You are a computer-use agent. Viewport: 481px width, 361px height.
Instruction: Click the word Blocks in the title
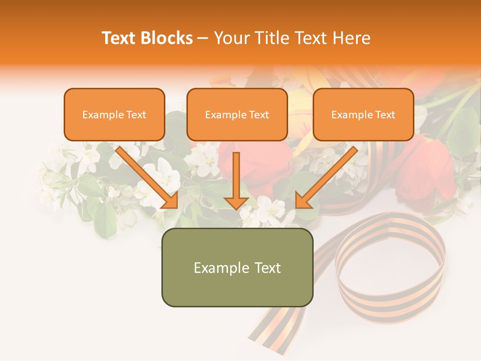pyautogui.click(x=166, y=38)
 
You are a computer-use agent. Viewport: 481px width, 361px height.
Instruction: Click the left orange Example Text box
pyautogui.click(x=114, y=114)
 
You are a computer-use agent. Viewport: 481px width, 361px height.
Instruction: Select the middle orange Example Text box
pyautogui.click(x=237, y=114)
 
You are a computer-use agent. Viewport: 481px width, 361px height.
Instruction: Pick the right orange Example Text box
pyautogui.click(x=363, y=114)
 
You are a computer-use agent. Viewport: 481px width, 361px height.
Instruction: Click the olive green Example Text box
pyautogui.click(x=237, y=268)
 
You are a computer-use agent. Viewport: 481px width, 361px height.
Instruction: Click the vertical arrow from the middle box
pyautogui.click(x=236, y=178)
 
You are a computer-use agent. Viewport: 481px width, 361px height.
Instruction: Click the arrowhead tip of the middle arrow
pyautogui.click(x=236, y=208)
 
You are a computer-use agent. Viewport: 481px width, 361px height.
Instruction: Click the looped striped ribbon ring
pyautogui.click(x=391, y=266)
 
